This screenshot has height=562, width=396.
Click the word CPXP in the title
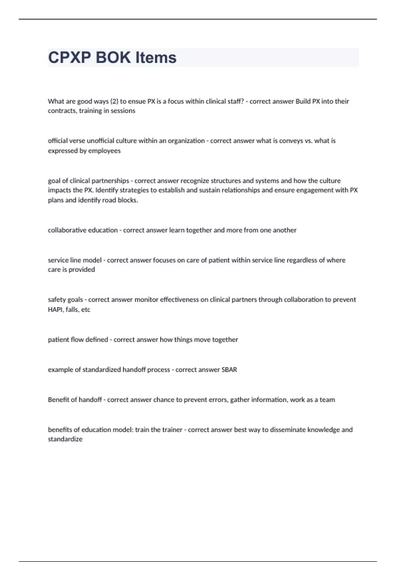69,58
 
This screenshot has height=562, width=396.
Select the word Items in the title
156,58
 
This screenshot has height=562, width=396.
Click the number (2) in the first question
114,101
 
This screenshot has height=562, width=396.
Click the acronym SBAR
229,370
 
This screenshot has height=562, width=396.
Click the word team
327,400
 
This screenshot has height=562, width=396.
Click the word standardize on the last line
65,439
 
